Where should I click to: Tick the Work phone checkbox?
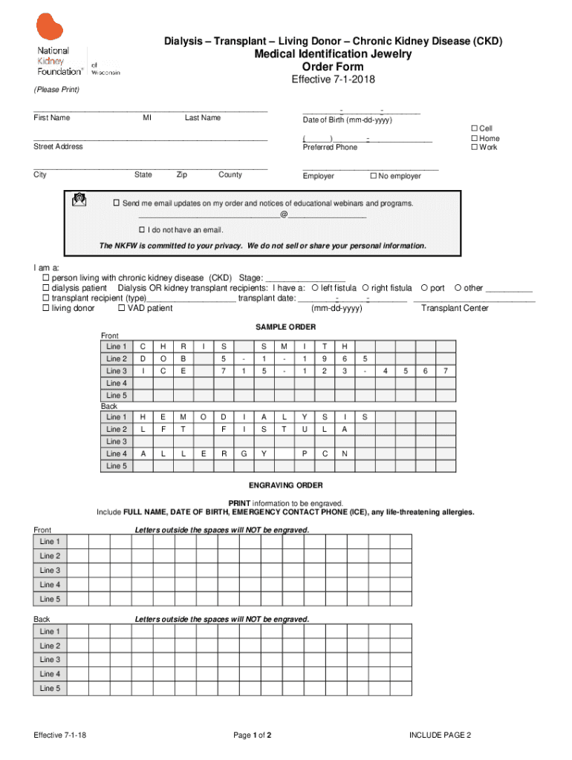pyautogui.click(x=475, y=148)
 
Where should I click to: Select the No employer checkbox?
pyautogui.click(x=374, y=177)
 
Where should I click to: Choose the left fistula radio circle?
pyautogui.click(x=315, y=288)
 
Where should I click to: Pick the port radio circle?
pyautogui.click(x=424, y=288)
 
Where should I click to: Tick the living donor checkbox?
pyautogui.click(x=45, y=309)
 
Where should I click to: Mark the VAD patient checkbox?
pyautogui.click(x=122, y=309)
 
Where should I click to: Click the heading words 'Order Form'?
pyautogui.click(x=333, y=67)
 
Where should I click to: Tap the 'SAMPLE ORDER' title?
pyautogui.click(x=286, y=327)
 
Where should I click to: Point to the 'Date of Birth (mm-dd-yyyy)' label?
pyautogui.click(x=347, y=120)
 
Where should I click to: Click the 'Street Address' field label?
pyautogui.click(x=58, y=147)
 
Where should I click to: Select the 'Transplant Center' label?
pyautogui.click(x=455, y=309)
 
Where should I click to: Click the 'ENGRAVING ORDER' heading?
pyautogui.click(x=286, y=485)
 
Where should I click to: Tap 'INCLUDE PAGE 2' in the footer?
pyautogui.click(x=440, y=736)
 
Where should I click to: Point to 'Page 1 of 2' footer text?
pyautogui.click(x=253, y=736)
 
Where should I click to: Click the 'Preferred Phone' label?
pyautogui.click(x=330, y=148)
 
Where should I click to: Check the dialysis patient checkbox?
pyautogui.click(x=45, y=288)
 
